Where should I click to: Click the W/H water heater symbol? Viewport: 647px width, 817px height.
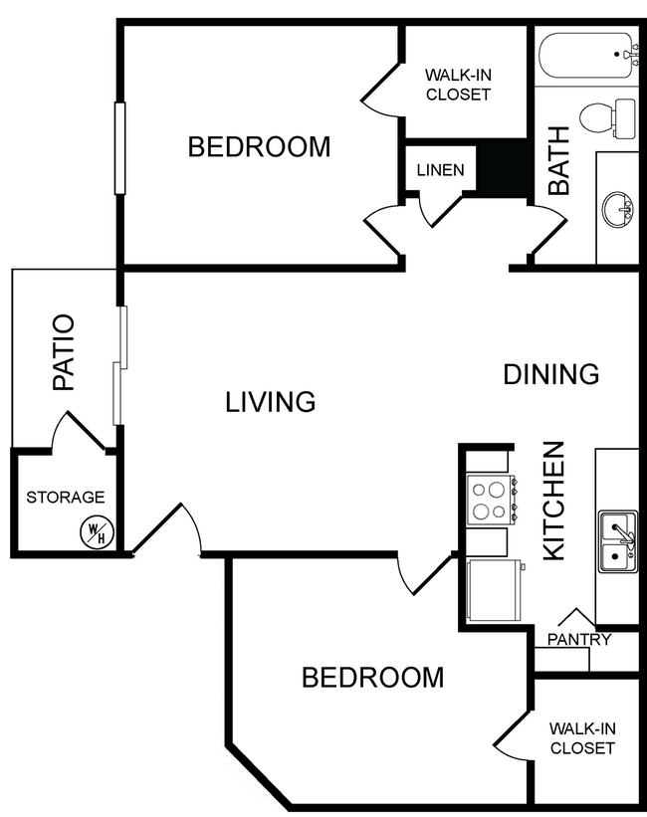tap(97, 532)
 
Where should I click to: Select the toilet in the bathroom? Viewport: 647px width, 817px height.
tap(606, 118)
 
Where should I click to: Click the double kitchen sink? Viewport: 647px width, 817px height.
tap(618, 541)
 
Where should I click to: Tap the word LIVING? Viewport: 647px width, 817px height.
tap(270, 402)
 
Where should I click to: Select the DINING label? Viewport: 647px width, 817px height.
tap(550, 374)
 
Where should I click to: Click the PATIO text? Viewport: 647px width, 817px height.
tap(64, 352)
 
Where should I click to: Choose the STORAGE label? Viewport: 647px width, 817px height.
tap(65, 497)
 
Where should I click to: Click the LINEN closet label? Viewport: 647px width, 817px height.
tap(440, 170)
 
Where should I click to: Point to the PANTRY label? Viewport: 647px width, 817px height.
tap(578, 639)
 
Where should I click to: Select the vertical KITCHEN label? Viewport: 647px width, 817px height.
tap(553, 501)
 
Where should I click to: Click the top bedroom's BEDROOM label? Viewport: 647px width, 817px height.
tap(259, 147)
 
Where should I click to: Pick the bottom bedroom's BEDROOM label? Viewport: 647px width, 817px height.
tap(372, 678)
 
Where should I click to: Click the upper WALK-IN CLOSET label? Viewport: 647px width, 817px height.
tap(458, 85)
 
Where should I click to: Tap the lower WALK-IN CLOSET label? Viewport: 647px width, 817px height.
tap(582, 737)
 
